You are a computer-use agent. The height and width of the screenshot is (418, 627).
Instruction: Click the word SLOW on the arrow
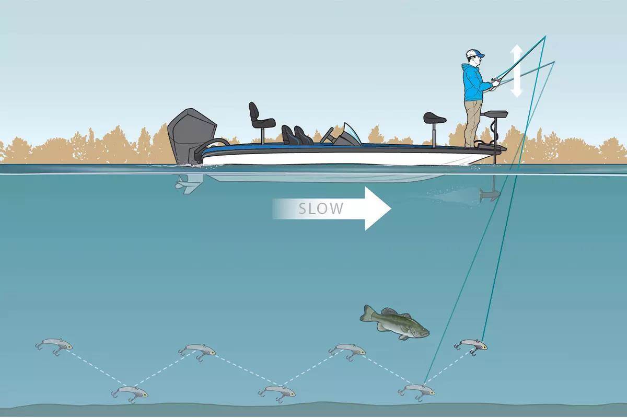[320, 208]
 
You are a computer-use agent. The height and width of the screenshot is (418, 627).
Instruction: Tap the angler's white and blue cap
[474, 53]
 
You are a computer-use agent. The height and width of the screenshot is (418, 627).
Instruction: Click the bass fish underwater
[394, 322]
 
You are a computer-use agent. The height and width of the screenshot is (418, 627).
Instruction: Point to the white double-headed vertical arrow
[516, 71]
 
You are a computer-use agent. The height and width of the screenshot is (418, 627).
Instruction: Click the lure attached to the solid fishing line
[471, 346]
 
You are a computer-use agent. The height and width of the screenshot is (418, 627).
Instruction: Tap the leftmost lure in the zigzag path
[54, 346]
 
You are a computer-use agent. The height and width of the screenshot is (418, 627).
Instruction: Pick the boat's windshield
[352, 134]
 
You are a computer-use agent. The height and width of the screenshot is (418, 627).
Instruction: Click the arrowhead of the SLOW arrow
[378, 208]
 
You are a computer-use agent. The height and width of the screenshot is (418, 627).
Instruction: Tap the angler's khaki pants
[473, 123]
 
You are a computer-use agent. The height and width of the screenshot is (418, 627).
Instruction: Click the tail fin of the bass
[366, 313]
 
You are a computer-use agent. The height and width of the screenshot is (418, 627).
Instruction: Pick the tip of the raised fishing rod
[545, 36]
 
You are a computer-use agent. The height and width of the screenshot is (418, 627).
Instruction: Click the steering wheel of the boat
[327, 135]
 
